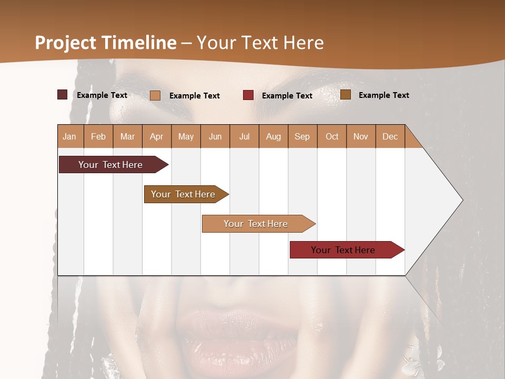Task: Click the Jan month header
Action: coord(70,136)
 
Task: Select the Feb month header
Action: coord(98,136)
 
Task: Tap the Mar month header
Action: coord(127,136)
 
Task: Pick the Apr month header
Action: coord(157,136)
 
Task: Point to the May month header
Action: coord(186,136)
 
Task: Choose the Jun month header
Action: coord(215,136)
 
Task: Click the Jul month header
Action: coord(245,136)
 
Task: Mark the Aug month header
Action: coord(274,136)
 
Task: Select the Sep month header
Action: coord(302,136)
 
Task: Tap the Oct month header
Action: coord(332,136)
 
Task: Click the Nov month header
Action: coord(361,136)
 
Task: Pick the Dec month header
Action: coord(390,136)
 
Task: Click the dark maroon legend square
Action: coord(63,95)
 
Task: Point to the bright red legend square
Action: coord(248,95)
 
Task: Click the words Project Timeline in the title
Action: coord(106,43)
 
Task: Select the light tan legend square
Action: coord(155,95)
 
